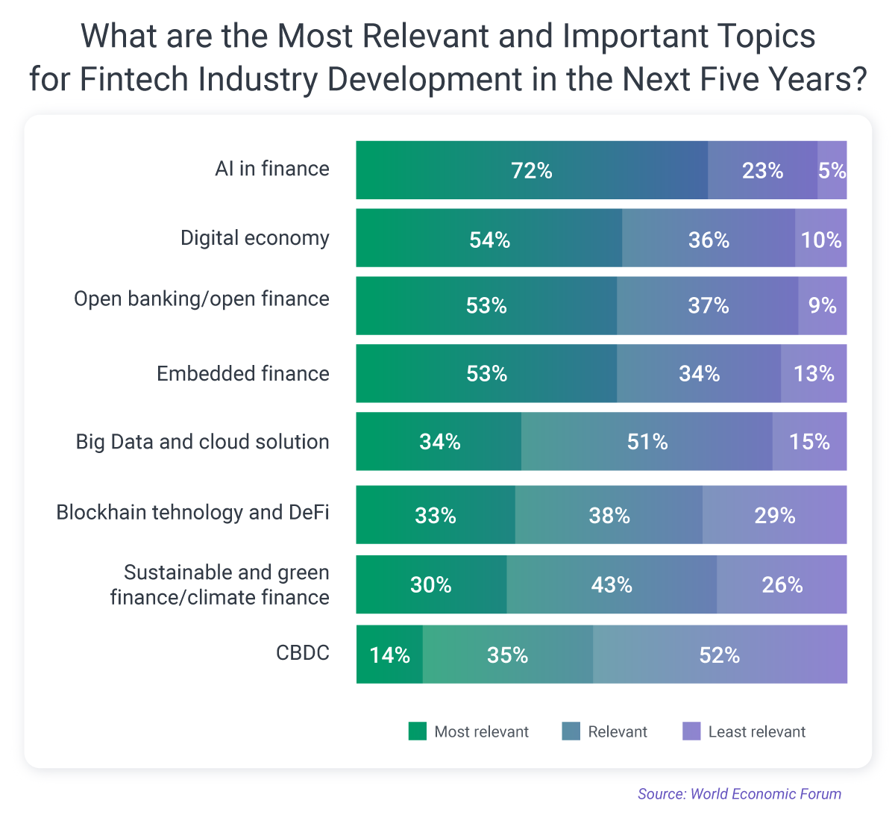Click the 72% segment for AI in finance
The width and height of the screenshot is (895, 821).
click(532, 170)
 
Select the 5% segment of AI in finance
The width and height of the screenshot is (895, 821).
click(832, 170)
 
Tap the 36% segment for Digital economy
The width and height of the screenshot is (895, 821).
click(709, 239)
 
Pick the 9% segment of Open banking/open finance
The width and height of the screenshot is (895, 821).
click(823, 305)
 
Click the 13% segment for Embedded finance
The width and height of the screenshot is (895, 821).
click(814, 373)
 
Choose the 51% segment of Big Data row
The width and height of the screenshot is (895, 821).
click(647, 441)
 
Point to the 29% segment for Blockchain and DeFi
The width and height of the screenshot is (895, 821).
click(774, 515)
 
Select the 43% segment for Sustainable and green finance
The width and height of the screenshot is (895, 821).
click(612, 584)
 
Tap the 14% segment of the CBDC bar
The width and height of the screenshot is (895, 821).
click(389, 655)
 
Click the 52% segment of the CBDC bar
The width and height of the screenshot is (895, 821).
click(720, 655)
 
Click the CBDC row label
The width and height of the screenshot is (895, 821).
click(302, 653)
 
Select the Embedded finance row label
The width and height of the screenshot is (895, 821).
click(242, 373)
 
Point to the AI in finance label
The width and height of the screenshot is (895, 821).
click(271, 169)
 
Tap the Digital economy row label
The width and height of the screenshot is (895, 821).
click(254, 238)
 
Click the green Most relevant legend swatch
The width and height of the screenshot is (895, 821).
click(417, 731)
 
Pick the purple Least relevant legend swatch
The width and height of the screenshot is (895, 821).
click(691, 731)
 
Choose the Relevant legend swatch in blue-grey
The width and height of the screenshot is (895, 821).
click(571, 731)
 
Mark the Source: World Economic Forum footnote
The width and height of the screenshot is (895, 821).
click(739, 794)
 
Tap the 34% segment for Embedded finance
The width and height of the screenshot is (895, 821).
click(699, 373)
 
